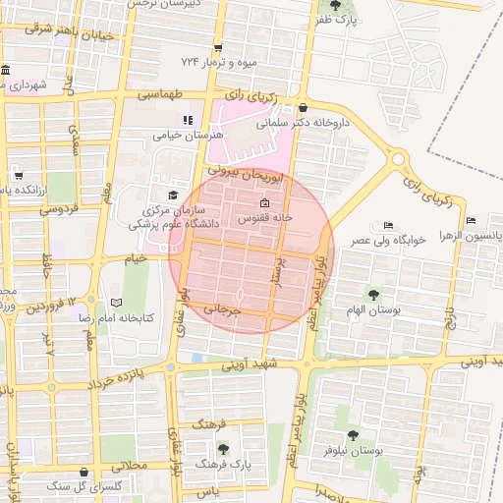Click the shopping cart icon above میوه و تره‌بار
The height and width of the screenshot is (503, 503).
[x=217, y=48]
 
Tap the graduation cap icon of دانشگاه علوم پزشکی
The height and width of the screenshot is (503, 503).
[x=174, y=196]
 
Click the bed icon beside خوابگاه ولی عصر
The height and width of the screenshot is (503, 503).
[x=388, y=225]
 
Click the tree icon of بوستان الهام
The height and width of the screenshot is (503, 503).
[x=373, y=294]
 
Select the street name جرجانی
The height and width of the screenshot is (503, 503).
[x=222, y=309]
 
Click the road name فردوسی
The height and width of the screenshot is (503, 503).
[x=57, y=209]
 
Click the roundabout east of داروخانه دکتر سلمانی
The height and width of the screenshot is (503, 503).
[x=399, y=158]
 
